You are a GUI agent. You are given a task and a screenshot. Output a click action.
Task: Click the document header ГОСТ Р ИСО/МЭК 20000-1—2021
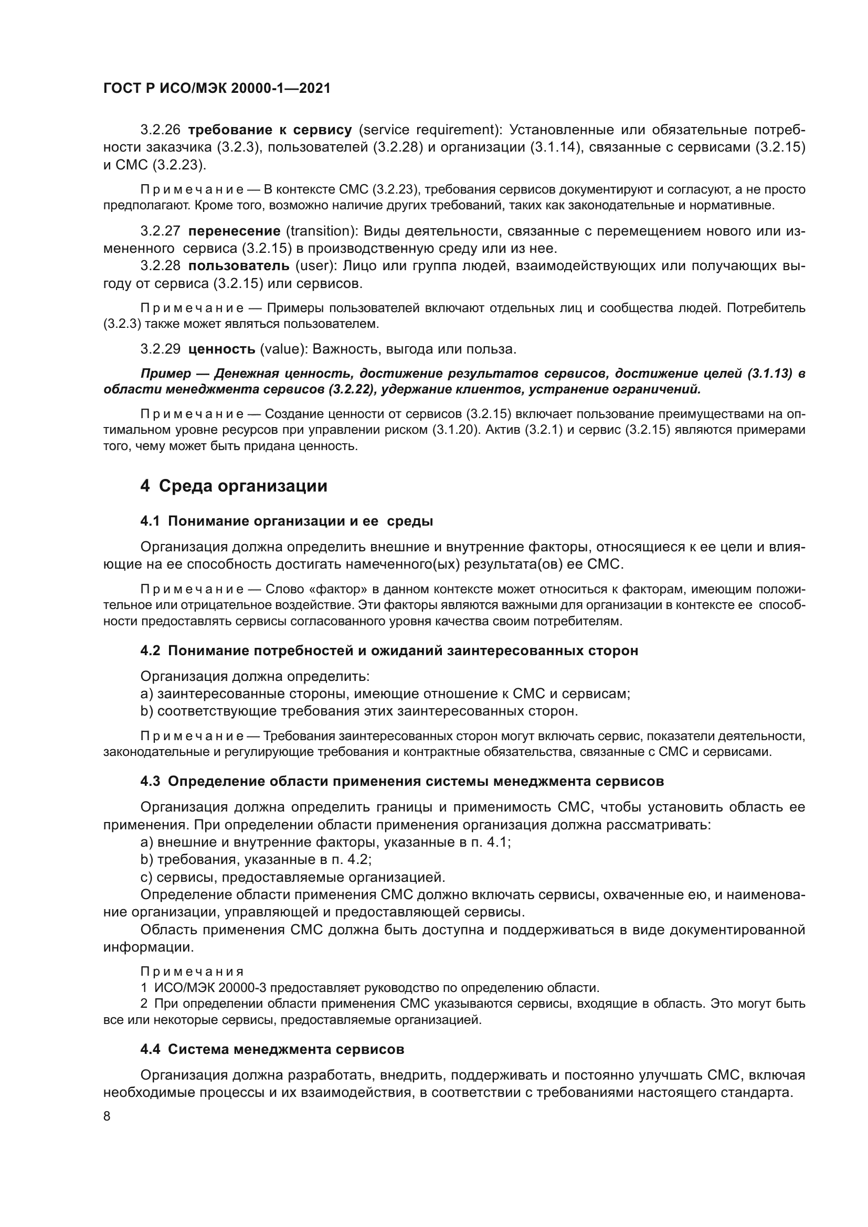point(216,89)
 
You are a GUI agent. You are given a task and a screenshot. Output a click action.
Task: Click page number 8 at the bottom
point(107,1116)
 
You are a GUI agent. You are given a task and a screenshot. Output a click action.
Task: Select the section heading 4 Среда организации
point(234,486)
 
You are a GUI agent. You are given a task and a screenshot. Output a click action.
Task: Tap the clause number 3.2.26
point(161,130)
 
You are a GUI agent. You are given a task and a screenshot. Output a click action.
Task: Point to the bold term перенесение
point(234,231)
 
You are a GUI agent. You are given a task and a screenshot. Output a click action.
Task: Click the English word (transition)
point(322,231)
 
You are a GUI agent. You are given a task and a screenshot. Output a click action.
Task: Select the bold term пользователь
point(239,266)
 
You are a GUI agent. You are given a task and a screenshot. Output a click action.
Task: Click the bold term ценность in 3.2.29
point(222,349)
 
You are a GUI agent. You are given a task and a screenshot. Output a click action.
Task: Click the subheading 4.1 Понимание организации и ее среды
point(287,521)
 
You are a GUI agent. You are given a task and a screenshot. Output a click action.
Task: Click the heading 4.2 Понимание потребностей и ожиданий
point(388,651)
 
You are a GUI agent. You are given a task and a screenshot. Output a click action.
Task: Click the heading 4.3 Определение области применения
point(401,781)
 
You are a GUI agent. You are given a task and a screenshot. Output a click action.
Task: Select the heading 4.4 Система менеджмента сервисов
point(272,1050)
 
